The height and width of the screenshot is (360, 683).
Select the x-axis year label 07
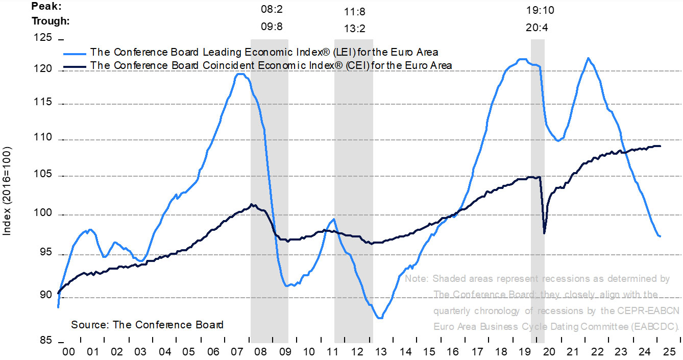point(236,352)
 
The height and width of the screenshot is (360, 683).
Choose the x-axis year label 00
point(68,352)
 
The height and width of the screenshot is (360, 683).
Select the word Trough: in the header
point(51,21)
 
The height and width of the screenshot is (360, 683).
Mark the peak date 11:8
point(353,11)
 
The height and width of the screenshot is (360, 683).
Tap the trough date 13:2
point(353,29)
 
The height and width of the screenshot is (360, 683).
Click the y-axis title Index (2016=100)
point(7,192)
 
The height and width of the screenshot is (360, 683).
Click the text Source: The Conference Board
point(147,325)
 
